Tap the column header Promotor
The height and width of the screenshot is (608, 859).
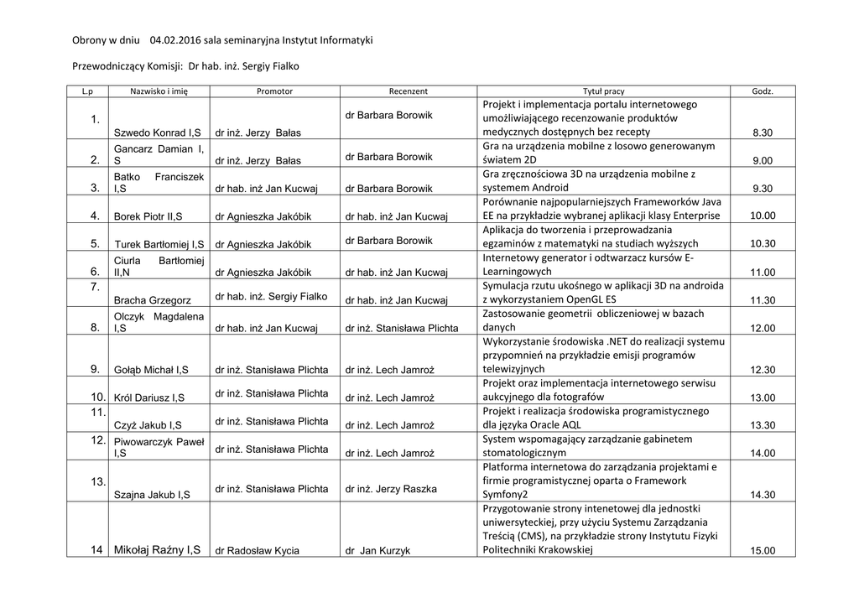pyautogui.click(x=274, y=91)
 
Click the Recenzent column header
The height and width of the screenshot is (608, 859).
pyautogui.click(x=409, y=91)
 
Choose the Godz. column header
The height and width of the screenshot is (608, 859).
pyautogui.click(x=763, y=91)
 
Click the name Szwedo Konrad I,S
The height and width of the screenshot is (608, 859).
pyautogui.click(x=157, y=133)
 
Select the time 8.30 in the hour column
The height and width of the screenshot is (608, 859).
pyautogui.click(x=763, y=133)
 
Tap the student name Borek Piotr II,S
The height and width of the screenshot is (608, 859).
pyautogui.click(x=151, y=216)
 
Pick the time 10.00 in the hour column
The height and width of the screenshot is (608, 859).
pyautogui.click(x=763, y=216)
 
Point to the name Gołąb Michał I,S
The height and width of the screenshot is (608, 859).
pyautogui.click(x=151, y=370)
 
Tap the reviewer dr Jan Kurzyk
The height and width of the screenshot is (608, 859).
pyautogui.click(x=377, y=551)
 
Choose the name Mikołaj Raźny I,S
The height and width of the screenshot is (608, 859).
pyautogui.click(x=157, y=550)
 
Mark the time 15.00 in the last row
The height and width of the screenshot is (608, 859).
pyautogui.click(x=763, y=551)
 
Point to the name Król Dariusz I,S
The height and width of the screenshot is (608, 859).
pyautogui.click(x=149, y=398)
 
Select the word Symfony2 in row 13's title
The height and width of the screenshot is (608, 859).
pyautogui.click(x=508, y=495)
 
